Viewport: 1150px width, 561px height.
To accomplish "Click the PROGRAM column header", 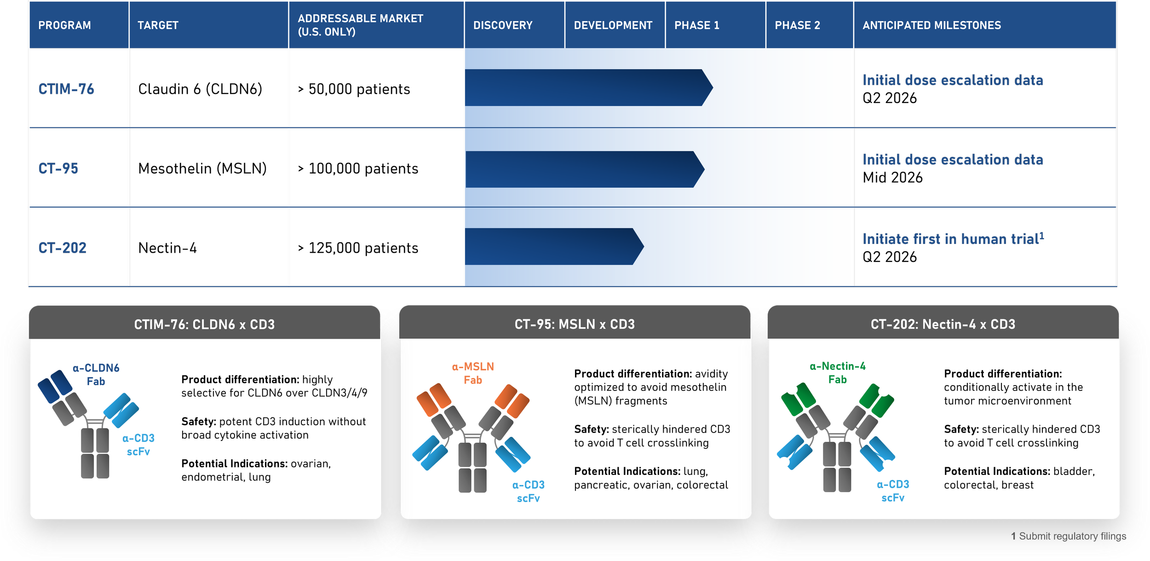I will (x=64, y=25).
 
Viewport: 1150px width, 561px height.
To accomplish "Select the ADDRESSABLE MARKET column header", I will (x=360, y=25).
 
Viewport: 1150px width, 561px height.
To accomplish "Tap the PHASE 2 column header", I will (x=797, y=25).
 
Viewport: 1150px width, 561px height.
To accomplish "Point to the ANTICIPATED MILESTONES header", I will (x=931, y=25).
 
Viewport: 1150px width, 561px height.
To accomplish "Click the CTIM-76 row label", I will (x=66, y=89).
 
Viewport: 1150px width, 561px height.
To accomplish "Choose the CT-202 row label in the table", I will (x=63, y=248).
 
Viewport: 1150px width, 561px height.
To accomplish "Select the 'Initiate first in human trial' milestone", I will (x=952, y=239).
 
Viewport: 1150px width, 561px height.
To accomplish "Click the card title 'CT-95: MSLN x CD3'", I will (x=575, y=324).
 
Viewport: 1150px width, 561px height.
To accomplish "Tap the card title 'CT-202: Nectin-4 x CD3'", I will (x=943, y=324).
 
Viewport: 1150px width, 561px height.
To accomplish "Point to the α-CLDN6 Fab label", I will (x=96, y=375).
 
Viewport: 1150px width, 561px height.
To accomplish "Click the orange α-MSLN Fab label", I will (x=473, y=373).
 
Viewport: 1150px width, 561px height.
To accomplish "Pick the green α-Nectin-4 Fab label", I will (x=837, y=373).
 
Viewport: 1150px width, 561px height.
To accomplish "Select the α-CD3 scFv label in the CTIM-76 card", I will (x=138, y=445).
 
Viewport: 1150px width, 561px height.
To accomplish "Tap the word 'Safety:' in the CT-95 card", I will (x=591, y=429).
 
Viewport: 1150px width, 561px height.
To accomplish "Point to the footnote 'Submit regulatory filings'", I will (x=1072, y=536).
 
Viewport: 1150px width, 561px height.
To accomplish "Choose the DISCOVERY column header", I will (x=503, y=25).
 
